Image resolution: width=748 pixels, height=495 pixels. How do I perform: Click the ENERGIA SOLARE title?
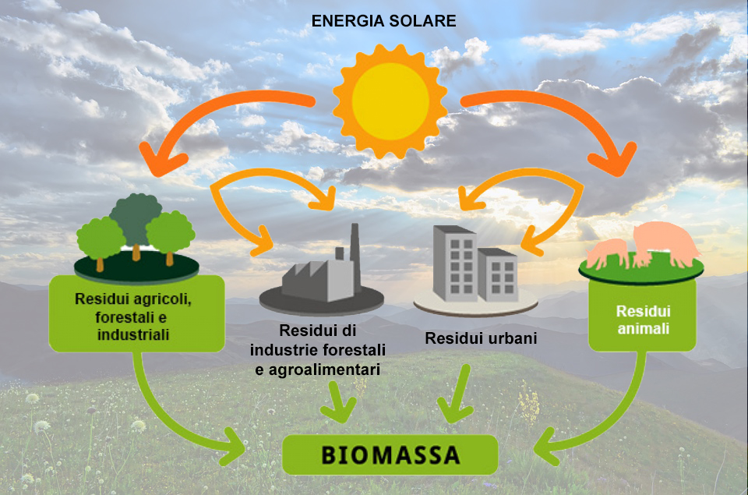point(383,21)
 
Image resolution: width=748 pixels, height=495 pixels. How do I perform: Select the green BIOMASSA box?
point(390,454)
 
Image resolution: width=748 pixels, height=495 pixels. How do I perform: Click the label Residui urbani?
point(482,340)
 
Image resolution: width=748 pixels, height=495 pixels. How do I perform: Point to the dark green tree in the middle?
point(136,217)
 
